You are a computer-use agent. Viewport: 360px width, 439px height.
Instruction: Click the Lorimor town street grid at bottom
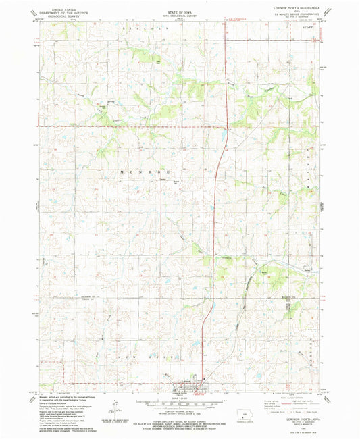pyautogui.click(x=184, y=386)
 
